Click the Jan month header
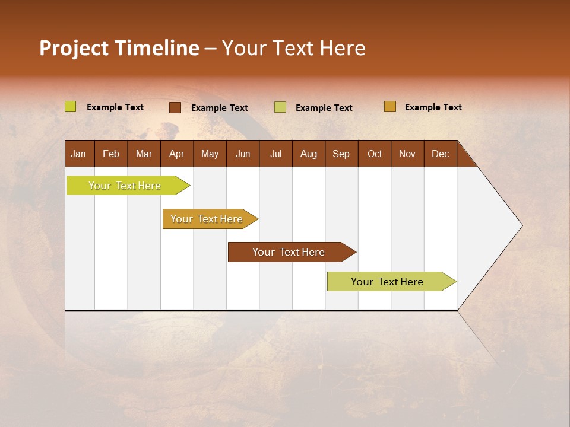[x=78, y=154]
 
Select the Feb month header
[x=111, y=154]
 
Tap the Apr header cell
[x=176, y=154]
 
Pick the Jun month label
[x=243, y=154]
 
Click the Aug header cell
[x=308, y=154]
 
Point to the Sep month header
[x=341, y=154]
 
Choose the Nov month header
[x=407, y=154]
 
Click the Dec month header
[x=440, y=154]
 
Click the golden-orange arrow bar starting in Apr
[x=207, y=219]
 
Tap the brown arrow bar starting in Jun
[x=289, y=252]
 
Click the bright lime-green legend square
[x=71, y=107]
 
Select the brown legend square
[x=175, y=107]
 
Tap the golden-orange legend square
[x=390, y=107]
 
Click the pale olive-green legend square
[x=280, y=107]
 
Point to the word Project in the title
[x=74, y=48]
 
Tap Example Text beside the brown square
[x=219, y=108]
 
